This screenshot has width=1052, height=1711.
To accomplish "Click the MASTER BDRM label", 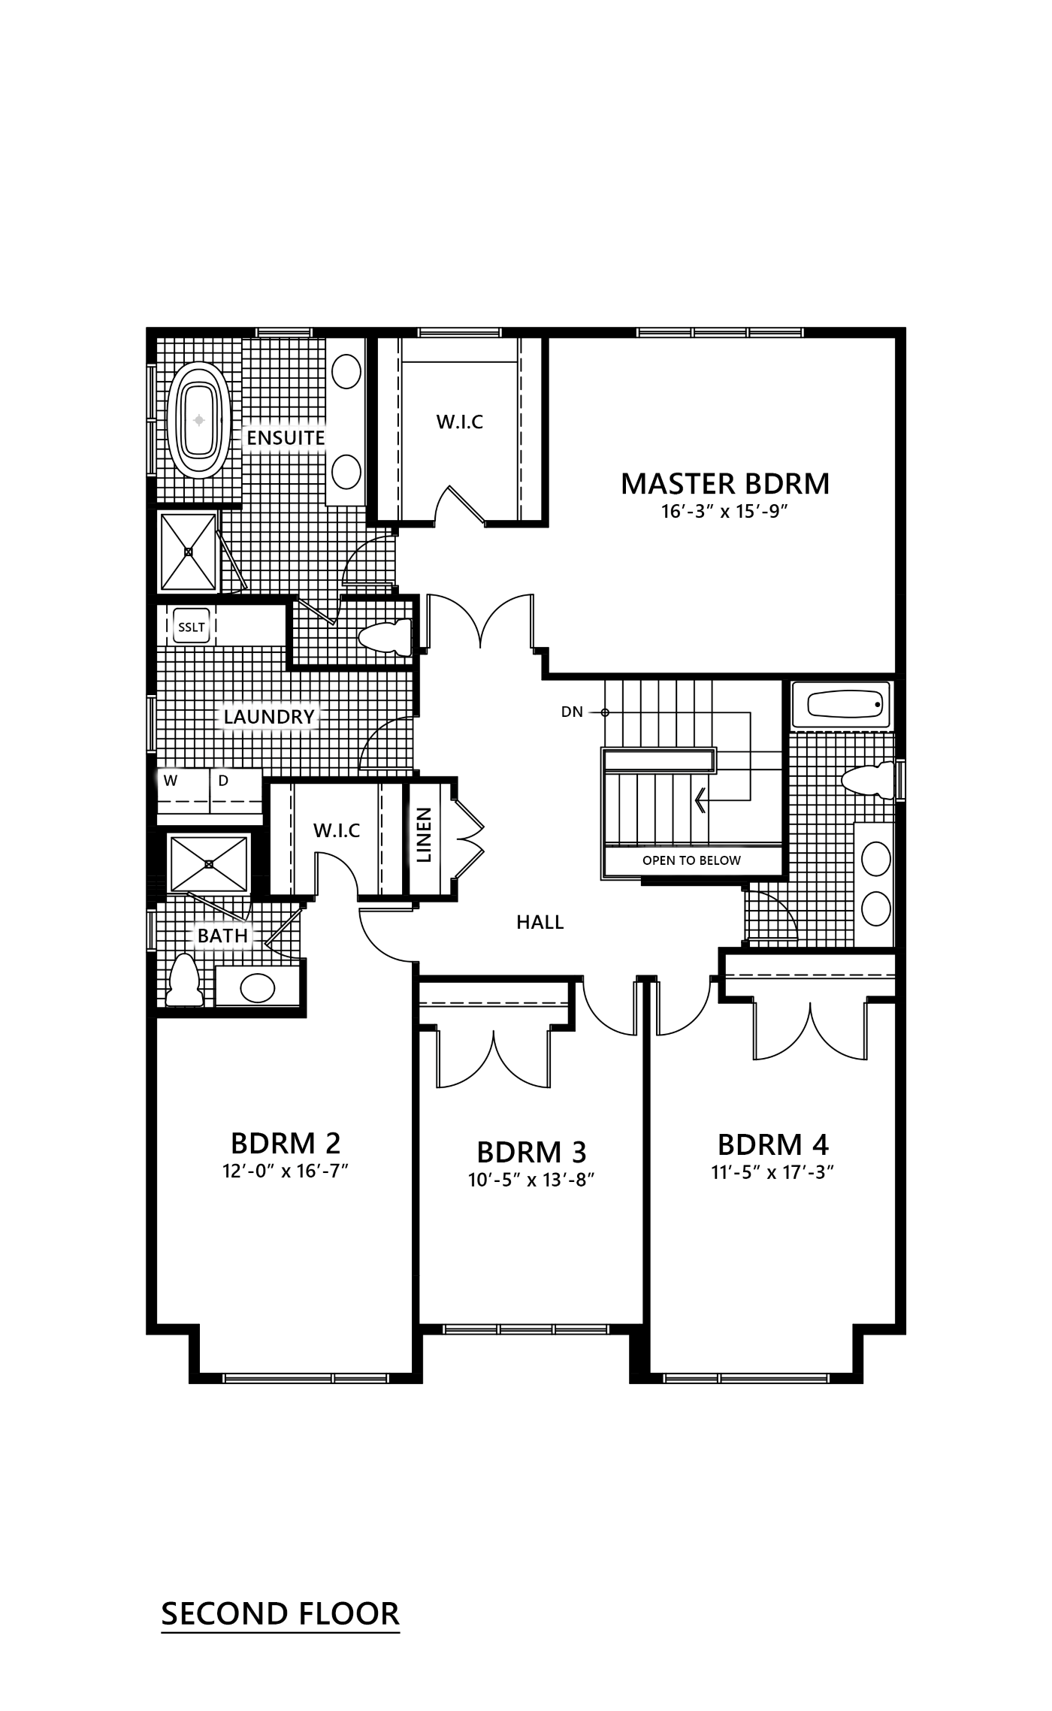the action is [725, 484].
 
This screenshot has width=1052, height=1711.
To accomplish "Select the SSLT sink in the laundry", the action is [190, 627].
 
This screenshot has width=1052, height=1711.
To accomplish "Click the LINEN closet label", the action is [424, 835].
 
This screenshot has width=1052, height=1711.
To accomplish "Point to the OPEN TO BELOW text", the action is [691, 860].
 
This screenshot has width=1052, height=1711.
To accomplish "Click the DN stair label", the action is [572, 712].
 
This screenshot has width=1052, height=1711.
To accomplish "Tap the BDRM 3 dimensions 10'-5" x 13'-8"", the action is [531, 1180].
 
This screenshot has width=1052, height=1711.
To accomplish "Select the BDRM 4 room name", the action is [772, 1145].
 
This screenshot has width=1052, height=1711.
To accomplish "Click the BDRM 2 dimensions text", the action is [286, 1171].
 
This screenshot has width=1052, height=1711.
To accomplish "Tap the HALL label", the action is [540, 922].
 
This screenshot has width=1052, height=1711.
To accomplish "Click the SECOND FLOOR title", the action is [280, 1613].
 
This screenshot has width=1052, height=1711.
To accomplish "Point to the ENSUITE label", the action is [286, 438].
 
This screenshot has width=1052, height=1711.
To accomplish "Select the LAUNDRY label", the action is [268, 717].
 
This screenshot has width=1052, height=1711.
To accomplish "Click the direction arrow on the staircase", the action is [700, 800].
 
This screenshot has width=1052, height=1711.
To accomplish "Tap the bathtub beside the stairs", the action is [842, 705].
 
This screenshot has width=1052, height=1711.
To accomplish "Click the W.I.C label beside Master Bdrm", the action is [460, 422].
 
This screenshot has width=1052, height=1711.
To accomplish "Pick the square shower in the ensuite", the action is [188, 552].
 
